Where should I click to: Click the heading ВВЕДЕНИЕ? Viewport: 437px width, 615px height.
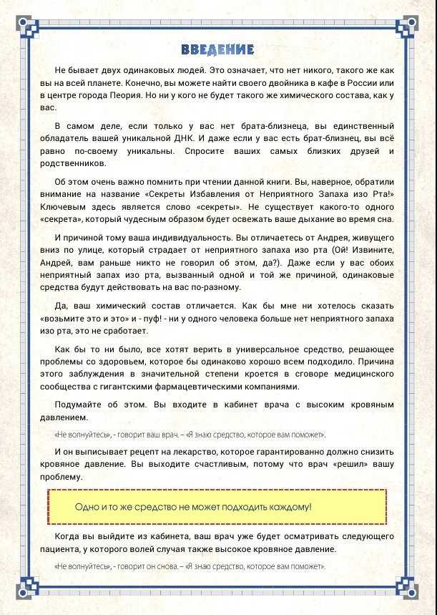[218, 49]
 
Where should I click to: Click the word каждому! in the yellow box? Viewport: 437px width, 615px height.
[287, 507]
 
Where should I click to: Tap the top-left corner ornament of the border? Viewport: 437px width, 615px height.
[26, 26]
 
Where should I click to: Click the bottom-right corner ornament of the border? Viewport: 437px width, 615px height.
[411, 588]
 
